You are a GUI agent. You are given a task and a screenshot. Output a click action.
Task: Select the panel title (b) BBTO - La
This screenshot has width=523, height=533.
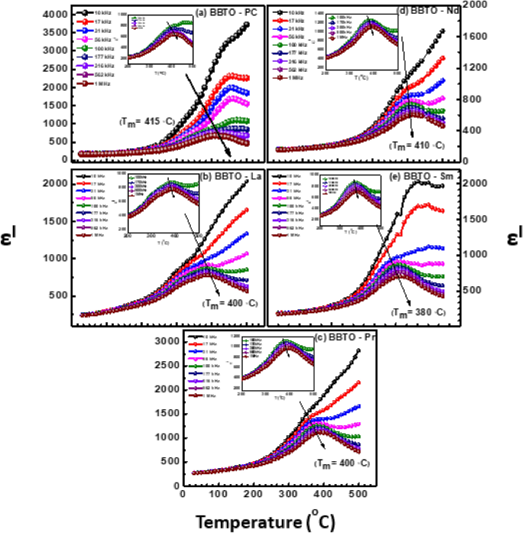click(225, 178)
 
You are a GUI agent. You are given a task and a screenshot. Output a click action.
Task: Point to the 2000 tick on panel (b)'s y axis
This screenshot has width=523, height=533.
click(55, 184)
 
